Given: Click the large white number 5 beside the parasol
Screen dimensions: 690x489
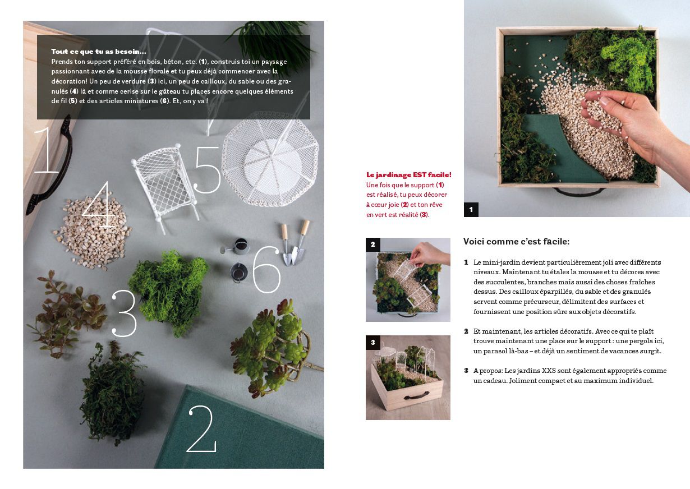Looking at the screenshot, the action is pos(208,170).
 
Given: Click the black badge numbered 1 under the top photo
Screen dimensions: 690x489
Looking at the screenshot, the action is pos(471,210).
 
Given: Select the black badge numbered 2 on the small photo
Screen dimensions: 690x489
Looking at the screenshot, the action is pos(373,245).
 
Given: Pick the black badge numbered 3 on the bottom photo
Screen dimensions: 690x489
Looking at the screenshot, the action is pos(373,343).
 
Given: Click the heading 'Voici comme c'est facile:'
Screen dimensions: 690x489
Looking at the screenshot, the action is pos(516,242).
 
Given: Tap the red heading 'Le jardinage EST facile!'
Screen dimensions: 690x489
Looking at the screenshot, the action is pos(409,175).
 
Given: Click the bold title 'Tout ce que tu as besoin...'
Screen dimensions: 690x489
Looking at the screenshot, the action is pos(99,52).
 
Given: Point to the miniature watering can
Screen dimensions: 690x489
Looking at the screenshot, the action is pos(237,246).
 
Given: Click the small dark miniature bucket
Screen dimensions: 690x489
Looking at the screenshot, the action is pos(239,273).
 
